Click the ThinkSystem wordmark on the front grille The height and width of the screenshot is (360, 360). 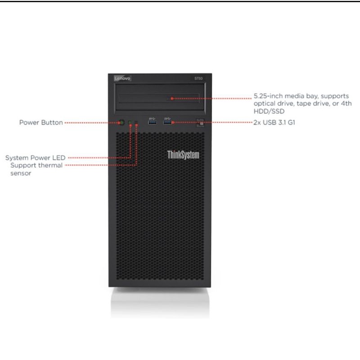pos(183,155)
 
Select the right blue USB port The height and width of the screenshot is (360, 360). pos(167,121)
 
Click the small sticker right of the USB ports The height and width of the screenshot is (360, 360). pos(201,122)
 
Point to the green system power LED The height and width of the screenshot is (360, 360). pos(130,122)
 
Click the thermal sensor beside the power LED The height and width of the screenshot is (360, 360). pos(137,122)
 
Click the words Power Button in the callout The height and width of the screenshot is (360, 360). pos(41,122)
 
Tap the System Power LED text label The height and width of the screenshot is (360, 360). pos(36,158)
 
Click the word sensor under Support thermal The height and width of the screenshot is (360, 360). pos(21,173)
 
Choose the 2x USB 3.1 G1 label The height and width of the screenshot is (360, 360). pos(274,122)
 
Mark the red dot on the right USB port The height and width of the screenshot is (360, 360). pos(172,122)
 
